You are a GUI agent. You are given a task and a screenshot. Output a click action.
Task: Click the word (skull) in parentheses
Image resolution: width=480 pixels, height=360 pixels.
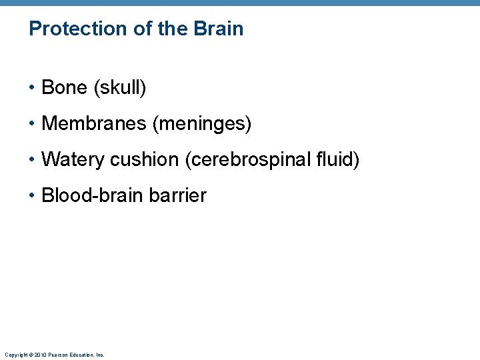pyautogui.click(x=120, y=87)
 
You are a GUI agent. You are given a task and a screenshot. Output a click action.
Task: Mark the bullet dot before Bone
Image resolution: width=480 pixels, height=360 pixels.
pyautogui.click(x=32, y=88)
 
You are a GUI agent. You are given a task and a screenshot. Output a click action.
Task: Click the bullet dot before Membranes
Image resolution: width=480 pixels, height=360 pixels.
pyautogui.click(x=32, y=124)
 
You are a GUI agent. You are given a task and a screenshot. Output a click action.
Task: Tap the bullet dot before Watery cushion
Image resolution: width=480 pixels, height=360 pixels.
pyautogui.click(x=32, y=160)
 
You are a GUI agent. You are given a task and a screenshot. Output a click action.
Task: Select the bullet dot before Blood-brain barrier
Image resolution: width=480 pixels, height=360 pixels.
pyautogui.click(x=32, y=196)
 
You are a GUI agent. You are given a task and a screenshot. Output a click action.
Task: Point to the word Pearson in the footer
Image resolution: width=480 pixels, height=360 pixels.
pyautogui.click(x=55, y=355)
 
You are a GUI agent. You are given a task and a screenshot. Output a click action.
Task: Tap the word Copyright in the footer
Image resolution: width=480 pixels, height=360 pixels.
pyautogui.click(x=15, y=355)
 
